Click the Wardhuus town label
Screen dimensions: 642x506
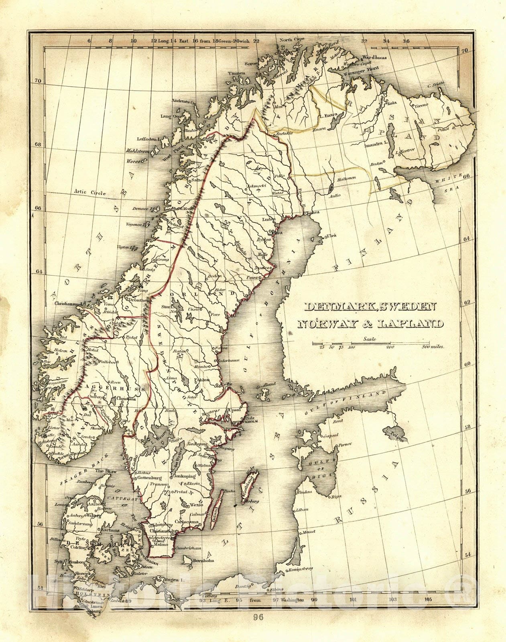374,57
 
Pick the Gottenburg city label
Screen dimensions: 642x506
149,478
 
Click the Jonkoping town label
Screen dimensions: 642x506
185,476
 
